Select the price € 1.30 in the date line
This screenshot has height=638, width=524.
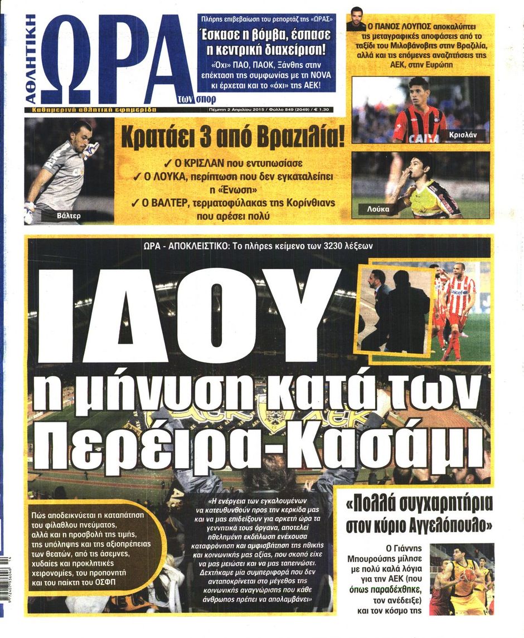pyautogui.click(x=319, y=110)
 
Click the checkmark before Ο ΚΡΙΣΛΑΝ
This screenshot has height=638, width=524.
pyautogui.click(x=168, y=163)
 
